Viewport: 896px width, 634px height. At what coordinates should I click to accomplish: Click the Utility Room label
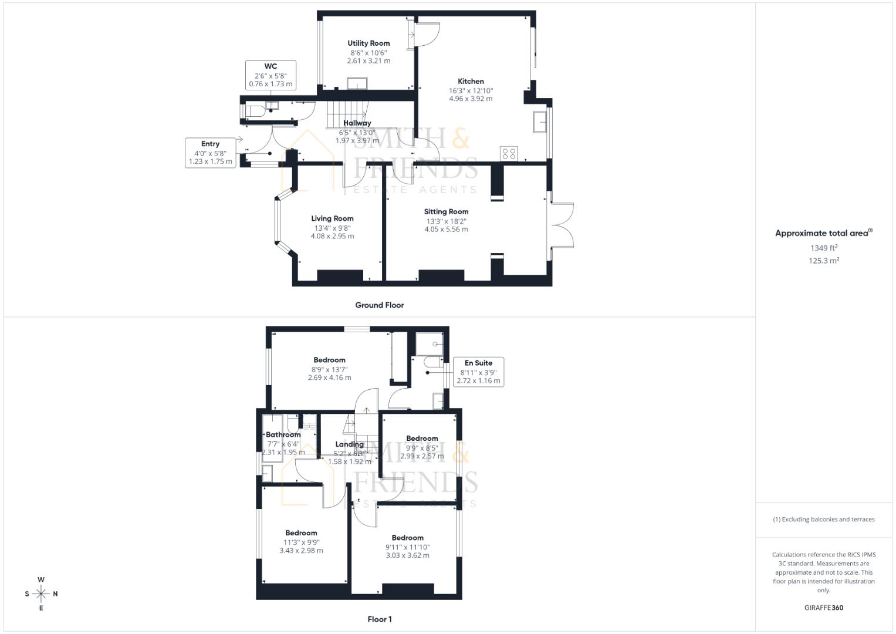click(x=368, y=43)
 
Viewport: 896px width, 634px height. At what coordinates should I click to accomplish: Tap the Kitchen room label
click(x=471, y=82)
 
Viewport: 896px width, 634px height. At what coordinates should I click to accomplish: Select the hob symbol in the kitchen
click(x=509, y=153)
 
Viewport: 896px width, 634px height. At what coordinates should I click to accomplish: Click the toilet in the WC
click(x=254, y=111)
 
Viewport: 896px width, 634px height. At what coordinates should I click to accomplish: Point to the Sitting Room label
click(x=446, y=211)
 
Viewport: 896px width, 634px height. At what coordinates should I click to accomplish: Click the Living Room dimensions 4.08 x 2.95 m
click(x=332, y=236)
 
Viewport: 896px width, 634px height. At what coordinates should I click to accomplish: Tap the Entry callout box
click(x=210, y=153)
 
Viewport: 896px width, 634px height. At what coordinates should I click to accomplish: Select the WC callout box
click(x=271, y=75)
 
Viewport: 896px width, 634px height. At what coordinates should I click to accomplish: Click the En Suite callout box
click(x=478, y=372)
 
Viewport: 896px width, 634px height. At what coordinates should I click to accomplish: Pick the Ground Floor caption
click(x=379, y=305)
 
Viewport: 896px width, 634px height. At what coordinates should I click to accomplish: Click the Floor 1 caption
click(x=379, y=619)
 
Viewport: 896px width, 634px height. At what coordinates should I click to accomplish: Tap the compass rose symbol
click(x=41, y=594)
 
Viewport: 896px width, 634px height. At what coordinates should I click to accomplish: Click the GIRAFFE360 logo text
click(x=823, y=608)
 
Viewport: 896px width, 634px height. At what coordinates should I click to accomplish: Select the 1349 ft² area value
click(x=823, y=248)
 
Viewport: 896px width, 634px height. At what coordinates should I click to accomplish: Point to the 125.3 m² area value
click(x=823, y=261)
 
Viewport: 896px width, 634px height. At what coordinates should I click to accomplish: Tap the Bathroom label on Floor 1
click(x=283, y=435)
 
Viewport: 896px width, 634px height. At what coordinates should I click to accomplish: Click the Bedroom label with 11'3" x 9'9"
click(x=301, y=533)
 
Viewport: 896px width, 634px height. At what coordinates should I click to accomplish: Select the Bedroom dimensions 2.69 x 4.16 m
click(x=329, y=377)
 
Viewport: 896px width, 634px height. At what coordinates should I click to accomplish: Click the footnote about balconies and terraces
click(x=823, y=520)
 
